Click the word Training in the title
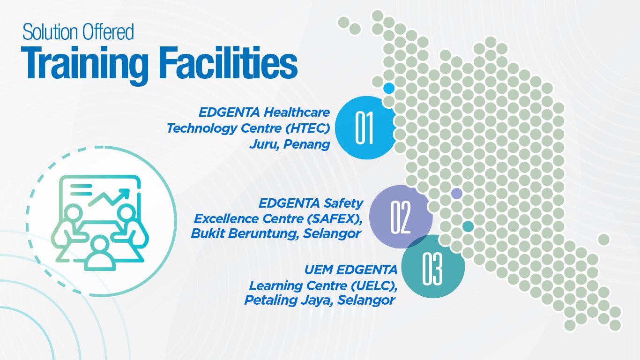(x=85, y=64)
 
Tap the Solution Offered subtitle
(x=78, y=32)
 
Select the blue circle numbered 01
(x=365, y=127)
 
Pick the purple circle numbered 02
(x=401, y=217)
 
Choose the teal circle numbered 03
(x=433, y=267)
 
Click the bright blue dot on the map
(x=389, y=88)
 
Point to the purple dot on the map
(x=456, y=194)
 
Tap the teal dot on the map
(x=468, y=226)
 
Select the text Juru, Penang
(x=290, y=144)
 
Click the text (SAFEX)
(x=335, y=219)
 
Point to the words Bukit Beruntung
(x=245, y=233)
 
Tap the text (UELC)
(x=374, y=285)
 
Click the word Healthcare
(x=297, y=112)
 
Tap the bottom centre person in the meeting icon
(x=100, y=254)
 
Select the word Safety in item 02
(x=343, y=204)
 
